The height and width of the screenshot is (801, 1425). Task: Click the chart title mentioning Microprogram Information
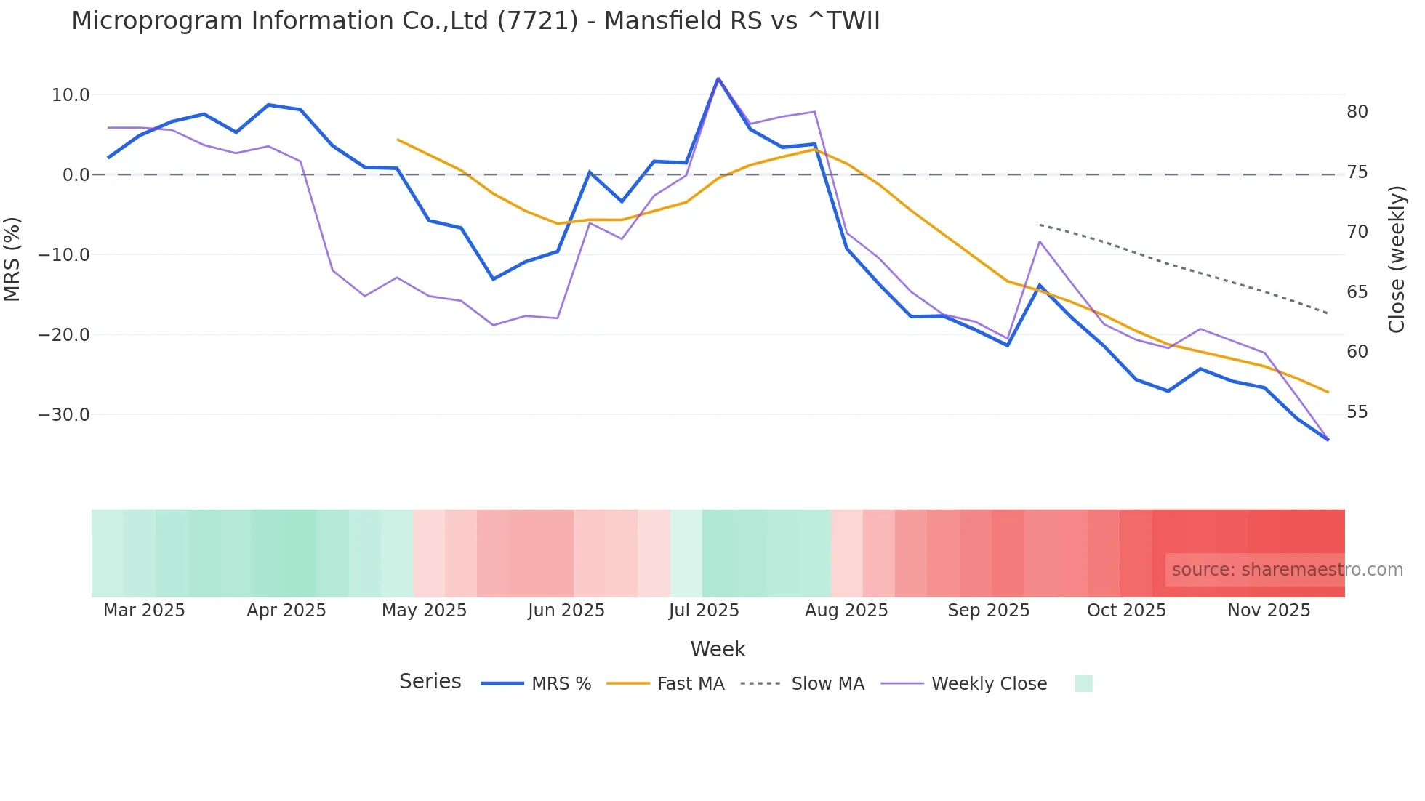tap(475, 21)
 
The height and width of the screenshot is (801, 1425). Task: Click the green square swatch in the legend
tap(1083, 683)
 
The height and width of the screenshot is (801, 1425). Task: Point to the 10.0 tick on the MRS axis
tap(71, 95)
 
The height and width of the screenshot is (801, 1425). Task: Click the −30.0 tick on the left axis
tap(64, 415)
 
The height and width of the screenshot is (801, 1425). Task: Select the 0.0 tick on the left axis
tap(76, 175)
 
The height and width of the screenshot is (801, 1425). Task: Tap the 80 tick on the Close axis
tap(1357, 112)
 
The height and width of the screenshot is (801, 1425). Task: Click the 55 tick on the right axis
tap(1357, 412)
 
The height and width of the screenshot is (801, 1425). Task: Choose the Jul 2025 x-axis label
tap(704, 611)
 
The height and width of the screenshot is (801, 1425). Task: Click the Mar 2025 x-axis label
tap(144, 611)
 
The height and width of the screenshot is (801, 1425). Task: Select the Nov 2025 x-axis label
tap(1269, 611)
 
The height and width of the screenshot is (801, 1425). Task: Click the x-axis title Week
tap(718, 649)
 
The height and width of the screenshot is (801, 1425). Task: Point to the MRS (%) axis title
tap(12, 259)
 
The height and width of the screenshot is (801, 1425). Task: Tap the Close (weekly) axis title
tap(1396, 259)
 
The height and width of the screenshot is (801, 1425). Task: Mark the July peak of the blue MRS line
tap(718, 79)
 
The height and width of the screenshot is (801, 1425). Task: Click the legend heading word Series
tap(430, 682)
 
